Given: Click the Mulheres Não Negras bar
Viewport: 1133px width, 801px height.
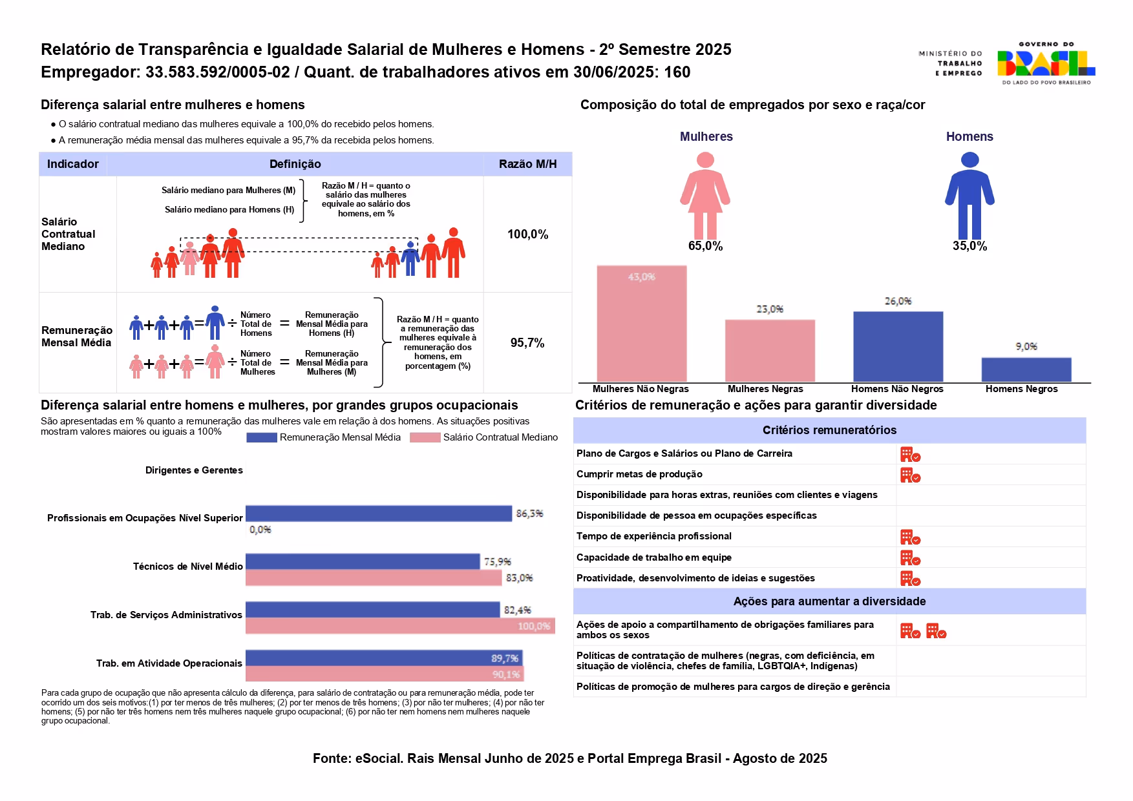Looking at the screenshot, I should click(x=641, y=323).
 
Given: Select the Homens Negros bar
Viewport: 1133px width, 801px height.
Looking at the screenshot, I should click(x=1026, y=369).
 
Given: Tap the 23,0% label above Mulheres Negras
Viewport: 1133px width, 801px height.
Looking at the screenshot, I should click(x=769, y=309).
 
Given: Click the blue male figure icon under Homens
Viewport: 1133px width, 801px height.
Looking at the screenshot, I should click(x=969, y=195).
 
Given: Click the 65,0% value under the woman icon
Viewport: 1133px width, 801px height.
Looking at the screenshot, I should click(x=705, y=246).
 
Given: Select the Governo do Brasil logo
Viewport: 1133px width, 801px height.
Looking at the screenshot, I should click(x=1045, y=63).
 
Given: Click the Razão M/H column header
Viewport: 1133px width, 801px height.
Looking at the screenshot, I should click(x=527, y=164).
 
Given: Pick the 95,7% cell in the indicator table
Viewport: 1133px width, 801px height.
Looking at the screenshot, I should click(x=527, y=343).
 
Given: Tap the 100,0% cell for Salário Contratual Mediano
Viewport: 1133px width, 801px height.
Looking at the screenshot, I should click(x=527, y=234).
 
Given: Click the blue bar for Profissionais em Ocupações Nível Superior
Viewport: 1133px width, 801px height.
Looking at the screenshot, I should click(x=378, y=514).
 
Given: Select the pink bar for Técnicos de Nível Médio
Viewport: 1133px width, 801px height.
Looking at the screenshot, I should click(x=373, y=577).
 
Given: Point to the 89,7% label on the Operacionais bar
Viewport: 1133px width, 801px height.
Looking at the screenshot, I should click(x=504, y=658).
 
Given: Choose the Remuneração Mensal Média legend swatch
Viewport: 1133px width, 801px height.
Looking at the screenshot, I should click(x=262, y=437).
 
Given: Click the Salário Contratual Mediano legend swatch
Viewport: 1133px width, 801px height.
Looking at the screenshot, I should click(x=425, y=437).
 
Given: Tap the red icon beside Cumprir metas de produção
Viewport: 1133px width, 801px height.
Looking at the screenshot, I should click(x=910, y=475).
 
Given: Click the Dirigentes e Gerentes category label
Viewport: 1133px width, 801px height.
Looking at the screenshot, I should click(x=194, y=470).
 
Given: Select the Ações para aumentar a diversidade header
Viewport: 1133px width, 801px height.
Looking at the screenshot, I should click(x=829, y=601).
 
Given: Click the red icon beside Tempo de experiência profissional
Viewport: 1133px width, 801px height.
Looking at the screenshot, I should click(x=910, y=537).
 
